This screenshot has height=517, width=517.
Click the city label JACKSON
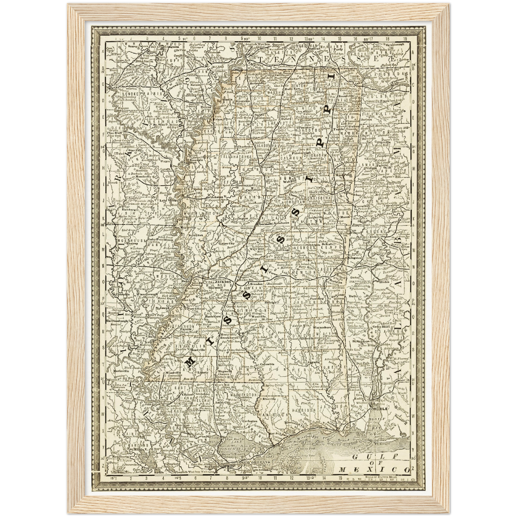[x=223, y=282]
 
